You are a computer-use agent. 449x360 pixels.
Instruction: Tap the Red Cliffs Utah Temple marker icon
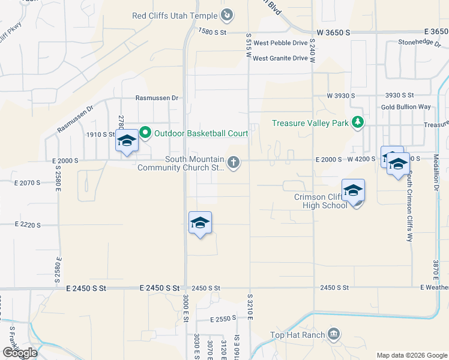(228, 14)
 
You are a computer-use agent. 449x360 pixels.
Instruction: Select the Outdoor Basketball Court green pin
(145, 133)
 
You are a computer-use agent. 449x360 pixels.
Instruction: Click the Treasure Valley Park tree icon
(358, 123)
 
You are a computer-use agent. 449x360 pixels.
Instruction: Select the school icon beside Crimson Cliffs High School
(353, 191)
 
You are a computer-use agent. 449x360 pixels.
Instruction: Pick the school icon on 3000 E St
(200, 223)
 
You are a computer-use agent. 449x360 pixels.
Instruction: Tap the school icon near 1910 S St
(127, 141)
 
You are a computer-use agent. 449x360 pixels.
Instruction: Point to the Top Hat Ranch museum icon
(334, 334)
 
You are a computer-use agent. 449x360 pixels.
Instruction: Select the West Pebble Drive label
(280, 43)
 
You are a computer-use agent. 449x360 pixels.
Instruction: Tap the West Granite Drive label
(280, 58)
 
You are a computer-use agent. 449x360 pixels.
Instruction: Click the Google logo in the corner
(19, 353)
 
